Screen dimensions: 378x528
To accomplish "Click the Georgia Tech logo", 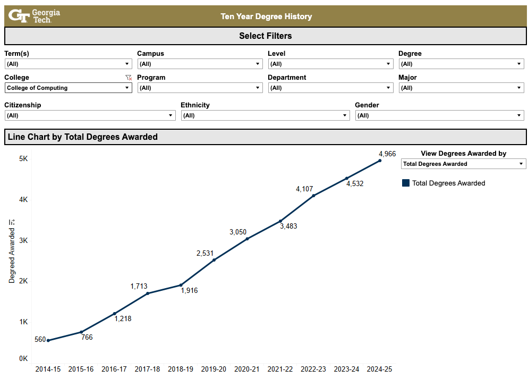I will pyautogui.click(x=35, y=16).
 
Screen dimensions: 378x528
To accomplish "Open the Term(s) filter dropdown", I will pyautogui.click(x=68, y=64).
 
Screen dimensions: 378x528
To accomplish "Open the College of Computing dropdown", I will pyautogui.click(x=68, y=88).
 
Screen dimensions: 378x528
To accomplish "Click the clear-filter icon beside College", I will pyautogui.click(x=128, y=78).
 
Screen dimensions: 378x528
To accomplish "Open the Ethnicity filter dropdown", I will pyautogui.click(x=265, y=115).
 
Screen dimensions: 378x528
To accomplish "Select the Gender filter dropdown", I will pyautogui.click(x=439, y=115).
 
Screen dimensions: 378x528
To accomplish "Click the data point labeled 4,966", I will pyautogui.click(x=380, y=161).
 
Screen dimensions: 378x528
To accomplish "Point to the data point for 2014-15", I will pyautogui.click(x=48, y=340).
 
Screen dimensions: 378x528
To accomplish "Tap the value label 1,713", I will pyautogui.click(x=139, y=287).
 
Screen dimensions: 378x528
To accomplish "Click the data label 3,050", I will pyautogui.click(x=238, y=232).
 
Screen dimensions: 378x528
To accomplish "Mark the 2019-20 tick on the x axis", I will pyautogui.click(x=214, y=369).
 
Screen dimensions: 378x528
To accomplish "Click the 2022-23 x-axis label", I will pyautogui.click(x=313, y=369).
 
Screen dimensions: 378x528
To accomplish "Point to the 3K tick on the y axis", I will pyautogui.click(x=23, y=240).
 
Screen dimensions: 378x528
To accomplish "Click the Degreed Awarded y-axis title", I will pyautogui.click(x=12, y=251).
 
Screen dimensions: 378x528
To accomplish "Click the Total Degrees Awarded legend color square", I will pyautogui.click(x=406, y=183).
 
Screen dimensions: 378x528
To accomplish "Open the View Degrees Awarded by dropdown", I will pyautogui.click(x=463, y=164).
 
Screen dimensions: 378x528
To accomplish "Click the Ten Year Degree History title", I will pyautogui.click(x=266, y=16).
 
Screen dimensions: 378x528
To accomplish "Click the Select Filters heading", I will pyautogui.click(x=265, y=36).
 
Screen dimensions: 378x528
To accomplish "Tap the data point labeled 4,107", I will pyautogui.click(x=313, y=196).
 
